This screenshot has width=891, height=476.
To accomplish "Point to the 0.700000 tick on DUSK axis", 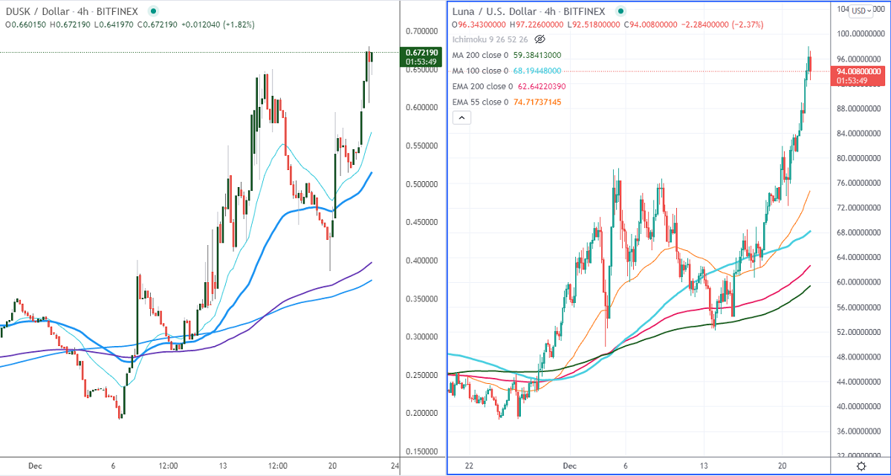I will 422,31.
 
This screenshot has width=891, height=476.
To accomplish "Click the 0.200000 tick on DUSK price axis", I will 422,413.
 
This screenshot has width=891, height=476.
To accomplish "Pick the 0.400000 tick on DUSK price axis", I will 422,261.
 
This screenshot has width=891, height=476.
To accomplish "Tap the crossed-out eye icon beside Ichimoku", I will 540,39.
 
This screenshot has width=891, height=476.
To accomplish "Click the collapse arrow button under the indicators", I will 461,117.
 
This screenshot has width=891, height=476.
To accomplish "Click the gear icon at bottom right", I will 861,466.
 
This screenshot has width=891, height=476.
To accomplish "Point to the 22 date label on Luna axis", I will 469,466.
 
